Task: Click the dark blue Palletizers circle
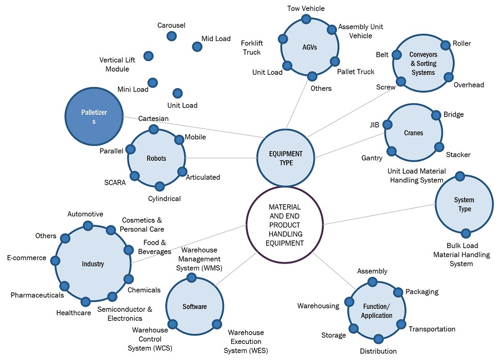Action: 93,117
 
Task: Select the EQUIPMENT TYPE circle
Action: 286,158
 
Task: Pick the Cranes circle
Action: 413,133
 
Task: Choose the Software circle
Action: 194,306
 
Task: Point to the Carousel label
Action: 171,26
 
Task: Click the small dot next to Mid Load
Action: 197,47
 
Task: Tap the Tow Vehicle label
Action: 306,8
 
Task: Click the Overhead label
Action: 469,85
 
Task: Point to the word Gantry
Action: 371,158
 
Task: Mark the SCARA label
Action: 115,182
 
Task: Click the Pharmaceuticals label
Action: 37,295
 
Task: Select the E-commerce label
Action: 27,258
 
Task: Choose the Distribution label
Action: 378,351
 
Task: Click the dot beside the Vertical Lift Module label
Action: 148,56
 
